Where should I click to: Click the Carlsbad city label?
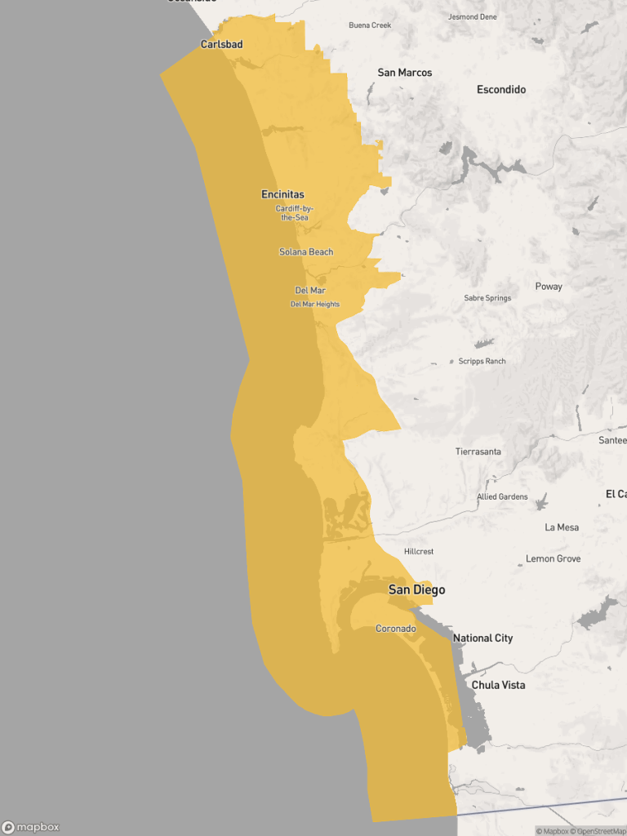(221, 44)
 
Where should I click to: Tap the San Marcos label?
(404, 73)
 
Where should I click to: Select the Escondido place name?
(501, 90)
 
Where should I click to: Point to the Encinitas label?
(282, 194)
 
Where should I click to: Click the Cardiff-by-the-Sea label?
(294, 213)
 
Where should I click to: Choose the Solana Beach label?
(306, 252)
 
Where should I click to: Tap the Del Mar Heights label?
(315, 305)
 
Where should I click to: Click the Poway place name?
(549, 287)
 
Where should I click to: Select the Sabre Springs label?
(487, 298)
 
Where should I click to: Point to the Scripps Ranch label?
(482, 361)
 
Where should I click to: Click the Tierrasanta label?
(478, 451)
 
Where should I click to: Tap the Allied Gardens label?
(502, 496)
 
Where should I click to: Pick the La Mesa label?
(562, 527)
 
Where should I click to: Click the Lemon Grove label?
(553, 558)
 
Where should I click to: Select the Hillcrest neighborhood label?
(419, 552)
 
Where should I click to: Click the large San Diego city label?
(416, 589)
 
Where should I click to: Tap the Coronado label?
(395, 629)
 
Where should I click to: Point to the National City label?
(482, 638)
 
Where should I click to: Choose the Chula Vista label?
(498, 685)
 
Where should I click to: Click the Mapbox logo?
(31, 827)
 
